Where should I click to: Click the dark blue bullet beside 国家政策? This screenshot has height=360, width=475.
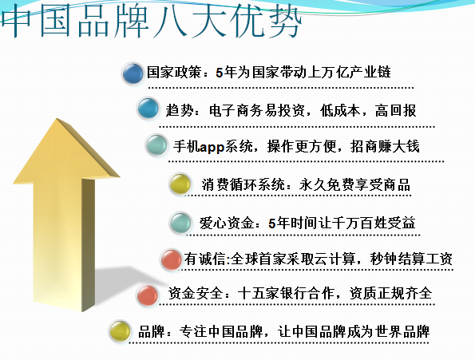click(x=133, y=73)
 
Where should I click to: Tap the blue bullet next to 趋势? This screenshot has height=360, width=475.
click(x=148, y=108)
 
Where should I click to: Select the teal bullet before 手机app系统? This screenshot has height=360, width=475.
click(x=156, y=145)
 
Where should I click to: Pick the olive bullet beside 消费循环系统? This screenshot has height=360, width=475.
click(x=180, y=184)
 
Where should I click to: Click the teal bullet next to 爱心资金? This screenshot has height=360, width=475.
click(x=180, y=223)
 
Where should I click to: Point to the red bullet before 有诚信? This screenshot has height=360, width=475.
click(x=172, y=259)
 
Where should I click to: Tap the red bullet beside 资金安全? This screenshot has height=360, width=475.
click(x=147, y=295)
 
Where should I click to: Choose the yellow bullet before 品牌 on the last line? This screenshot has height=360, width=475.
click(x=120, y=331)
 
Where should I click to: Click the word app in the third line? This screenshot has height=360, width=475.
click(x=212, y=147)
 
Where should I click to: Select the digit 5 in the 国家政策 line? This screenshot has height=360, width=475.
click(x=220, y=73)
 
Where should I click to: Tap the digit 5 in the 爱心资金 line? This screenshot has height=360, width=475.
click(x=272, y=224)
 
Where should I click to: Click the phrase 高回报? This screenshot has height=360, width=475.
click(x=395, y=110)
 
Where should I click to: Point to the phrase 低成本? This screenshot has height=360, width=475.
click(x=341, y=110)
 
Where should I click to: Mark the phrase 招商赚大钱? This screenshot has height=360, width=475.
click(x=385, y=146)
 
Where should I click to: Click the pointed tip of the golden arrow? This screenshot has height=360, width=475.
click(x=57, y=118)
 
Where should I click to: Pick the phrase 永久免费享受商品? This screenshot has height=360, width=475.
click(x=354, y=184)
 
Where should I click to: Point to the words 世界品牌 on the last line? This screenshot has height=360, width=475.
click(x=402, y=331)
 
